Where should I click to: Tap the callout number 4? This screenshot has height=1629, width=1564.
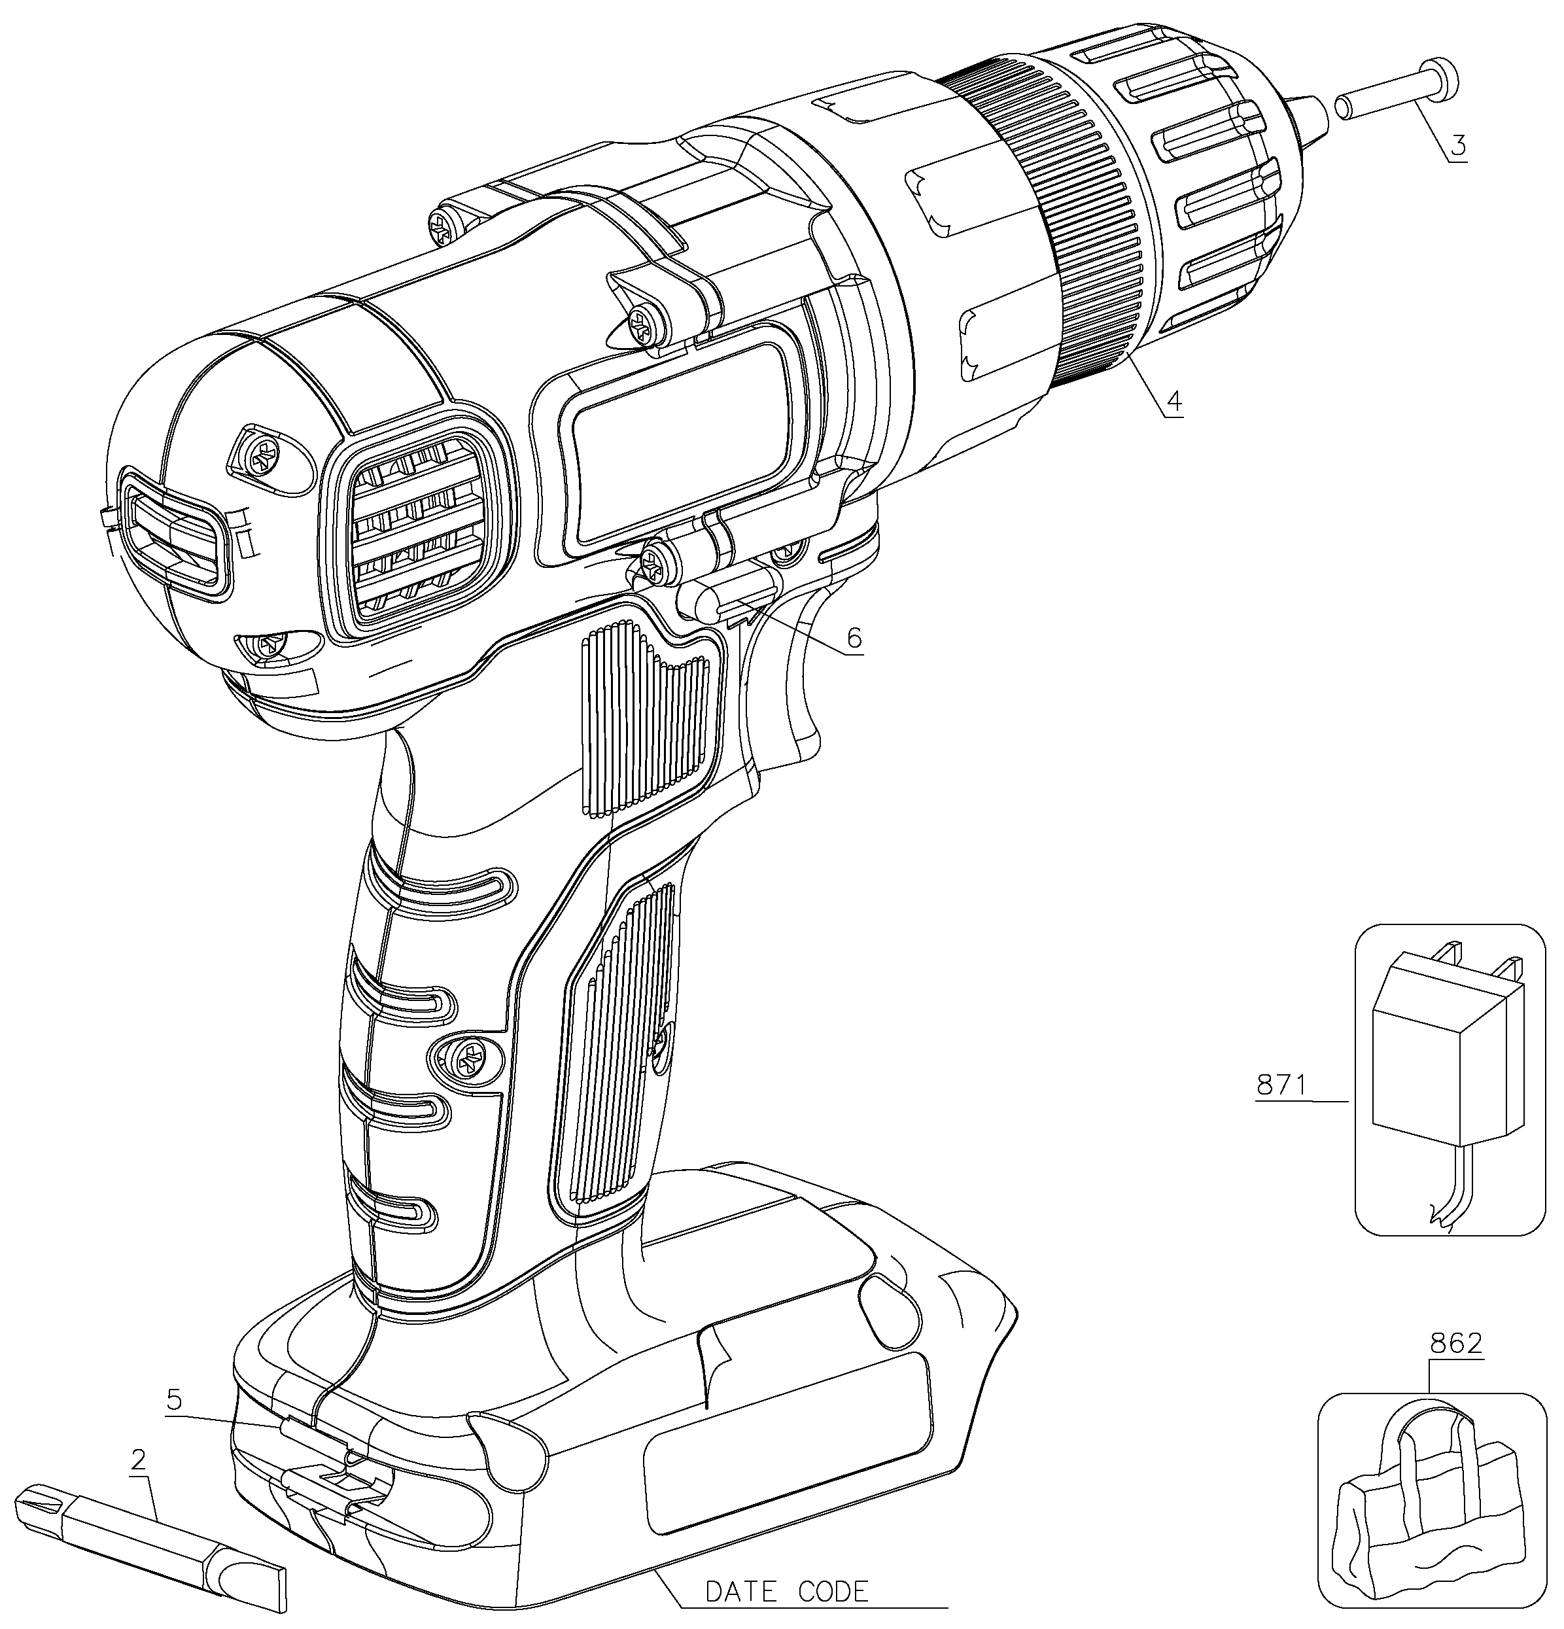1173,400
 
